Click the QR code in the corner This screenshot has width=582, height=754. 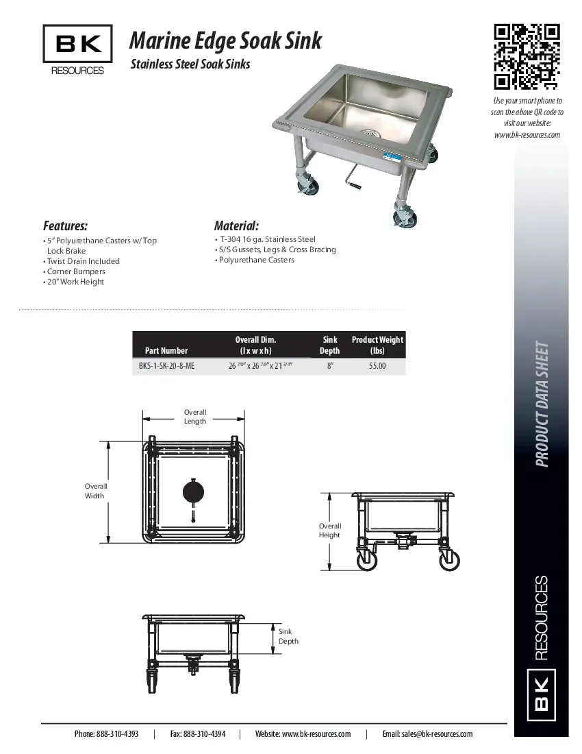click(x=527, y=57)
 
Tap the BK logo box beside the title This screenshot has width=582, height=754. click(x=78, y=45)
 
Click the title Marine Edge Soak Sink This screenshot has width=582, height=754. click(x=225, y=41)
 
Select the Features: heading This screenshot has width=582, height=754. click(x=65, y=226)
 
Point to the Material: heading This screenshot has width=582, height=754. click(x=236, y=226)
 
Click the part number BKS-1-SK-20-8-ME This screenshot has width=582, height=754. click(x=166, y=366)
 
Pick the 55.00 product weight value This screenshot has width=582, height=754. click(x=377, y=366)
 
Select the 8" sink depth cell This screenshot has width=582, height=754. click(x=330, y=366)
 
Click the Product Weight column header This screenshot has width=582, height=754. click(x=377, y=345)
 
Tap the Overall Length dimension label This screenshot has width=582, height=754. click(x=195, y=417)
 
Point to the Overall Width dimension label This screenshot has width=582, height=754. click(x=95, y=491)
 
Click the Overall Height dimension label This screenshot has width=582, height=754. click(x=329, y=531)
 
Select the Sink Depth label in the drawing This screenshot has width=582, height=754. click(x=288, y=636)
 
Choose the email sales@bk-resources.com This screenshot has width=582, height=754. click(x=437, y=734)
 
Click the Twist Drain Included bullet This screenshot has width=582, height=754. click(x=82, y=261)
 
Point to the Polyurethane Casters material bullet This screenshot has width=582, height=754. click(x=256, y=260)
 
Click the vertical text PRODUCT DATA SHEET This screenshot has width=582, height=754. click(x=542, y=404)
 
